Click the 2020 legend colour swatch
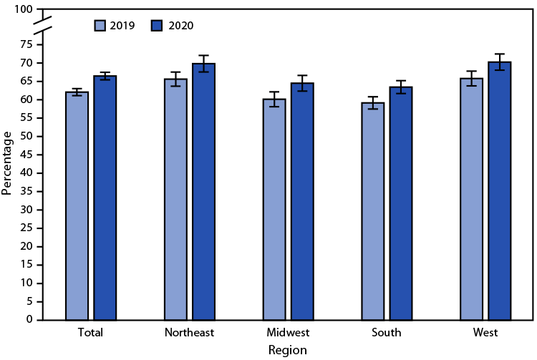157,26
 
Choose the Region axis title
288,350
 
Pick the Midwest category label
288,333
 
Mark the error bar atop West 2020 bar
499,62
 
